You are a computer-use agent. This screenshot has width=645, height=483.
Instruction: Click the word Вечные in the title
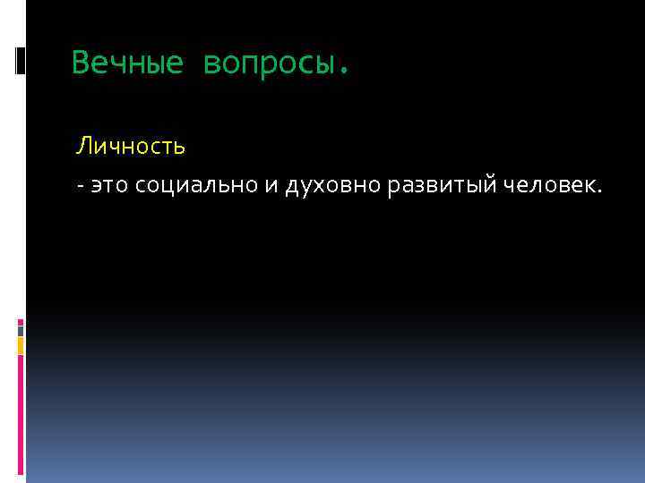pyautogui.click(x=127, y=63)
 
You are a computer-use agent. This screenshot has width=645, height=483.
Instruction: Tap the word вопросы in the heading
pyautogui.click(x=267, y=63)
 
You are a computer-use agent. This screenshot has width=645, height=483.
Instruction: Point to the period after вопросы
pyautogui.click(x=342, y=70)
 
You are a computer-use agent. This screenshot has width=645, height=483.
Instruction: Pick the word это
pyautogui.click(x=109, y=185)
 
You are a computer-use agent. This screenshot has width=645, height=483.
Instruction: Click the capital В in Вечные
pyautogui.click(x=80, y=63)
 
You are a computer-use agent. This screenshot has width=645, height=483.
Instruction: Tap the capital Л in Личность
pyautogui.click(x=82, y=143)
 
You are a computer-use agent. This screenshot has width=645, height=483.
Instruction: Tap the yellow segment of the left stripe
pyautogui.click(x=21, y=345)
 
